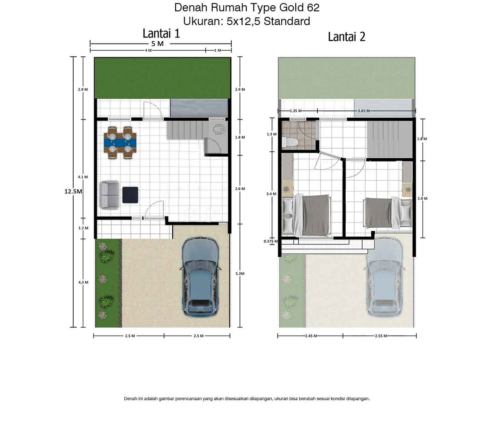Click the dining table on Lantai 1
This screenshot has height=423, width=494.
120,143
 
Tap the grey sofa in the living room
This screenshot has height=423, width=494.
109,195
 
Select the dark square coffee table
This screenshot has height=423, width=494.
130,195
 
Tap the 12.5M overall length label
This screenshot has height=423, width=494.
73,192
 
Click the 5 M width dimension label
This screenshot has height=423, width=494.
158,44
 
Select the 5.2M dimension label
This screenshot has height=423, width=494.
240,274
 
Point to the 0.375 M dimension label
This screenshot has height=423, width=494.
271,241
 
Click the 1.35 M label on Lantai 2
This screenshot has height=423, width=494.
296,111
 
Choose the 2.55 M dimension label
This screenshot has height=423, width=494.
381,336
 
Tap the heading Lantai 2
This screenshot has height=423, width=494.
347,37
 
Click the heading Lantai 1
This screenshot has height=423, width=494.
161,33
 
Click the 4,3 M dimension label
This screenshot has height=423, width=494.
83,282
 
